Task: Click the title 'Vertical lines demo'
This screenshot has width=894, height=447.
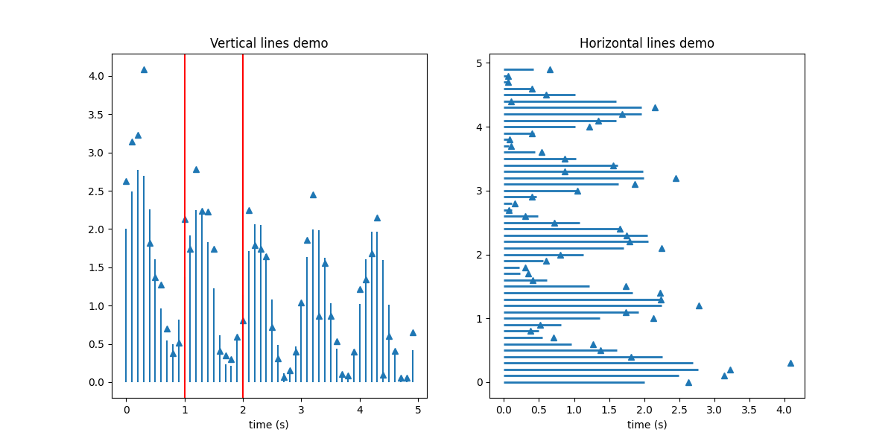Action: coord(269,43)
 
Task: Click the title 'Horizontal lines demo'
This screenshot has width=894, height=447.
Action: coord(647,43)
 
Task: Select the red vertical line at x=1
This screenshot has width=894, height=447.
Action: coord(185,223)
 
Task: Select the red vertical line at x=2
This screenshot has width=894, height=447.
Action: coord(243,223)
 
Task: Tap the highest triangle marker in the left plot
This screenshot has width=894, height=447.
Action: coord(144,69)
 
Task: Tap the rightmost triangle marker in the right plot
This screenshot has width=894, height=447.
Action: coord(790,363)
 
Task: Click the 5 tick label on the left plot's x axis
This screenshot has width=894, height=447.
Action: coord(418,409)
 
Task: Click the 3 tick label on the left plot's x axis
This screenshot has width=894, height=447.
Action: coord(301,409)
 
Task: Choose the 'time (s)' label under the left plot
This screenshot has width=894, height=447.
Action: coord(269,425)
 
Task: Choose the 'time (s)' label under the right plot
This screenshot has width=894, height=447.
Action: coord(647,425)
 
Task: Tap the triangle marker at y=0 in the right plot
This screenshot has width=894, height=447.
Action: coord(688,382)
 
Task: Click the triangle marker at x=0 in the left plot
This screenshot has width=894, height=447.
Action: coord(126,181)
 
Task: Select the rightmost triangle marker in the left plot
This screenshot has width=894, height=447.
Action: coord(413,332)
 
